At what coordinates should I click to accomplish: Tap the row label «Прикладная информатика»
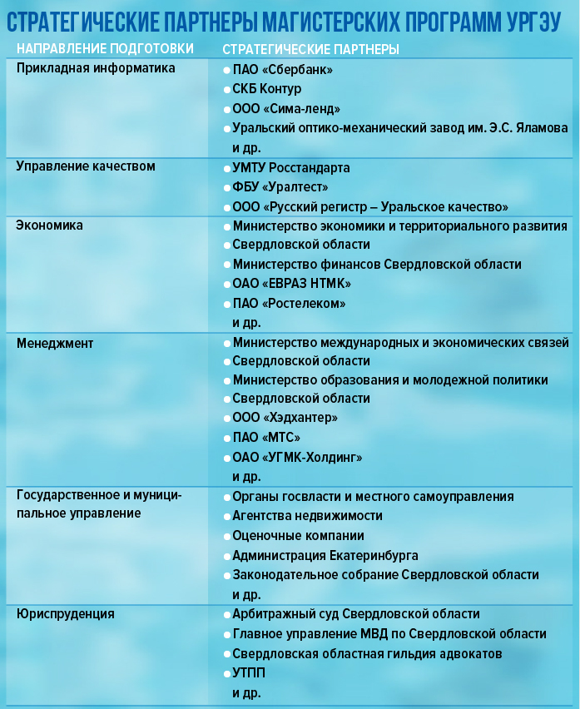(96, 68)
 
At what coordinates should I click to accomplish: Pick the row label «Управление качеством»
(86, 166)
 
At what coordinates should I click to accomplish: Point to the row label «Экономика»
(50, 225)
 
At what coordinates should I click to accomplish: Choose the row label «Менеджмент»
(55, 342)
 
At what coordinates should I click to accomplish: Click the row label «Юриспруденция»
(66, 614)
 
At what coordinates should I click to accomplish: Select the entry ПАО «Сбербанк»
(282, 70)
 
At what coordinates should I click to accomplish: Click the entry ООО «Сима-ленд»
(286, 109)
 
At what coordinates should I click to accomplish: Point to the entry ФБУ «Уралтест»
(280, 187)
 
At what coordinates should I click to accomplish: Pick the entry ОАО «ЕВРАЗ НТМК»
(291, 285)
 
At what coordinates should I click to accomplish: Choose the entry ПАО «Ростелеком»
(289, 304)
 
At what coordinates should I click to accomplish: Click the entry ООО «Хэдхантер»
(285, 418)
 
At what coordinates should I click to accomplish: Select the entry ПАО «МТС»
(266, 438)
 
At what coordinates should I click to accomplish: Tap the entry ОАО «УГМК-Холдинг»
(297, 457)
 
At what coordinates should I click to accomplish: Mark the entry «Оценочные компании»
(298, 536)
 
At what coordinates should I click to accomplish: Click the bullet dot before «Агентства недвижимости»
(226, 516)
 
